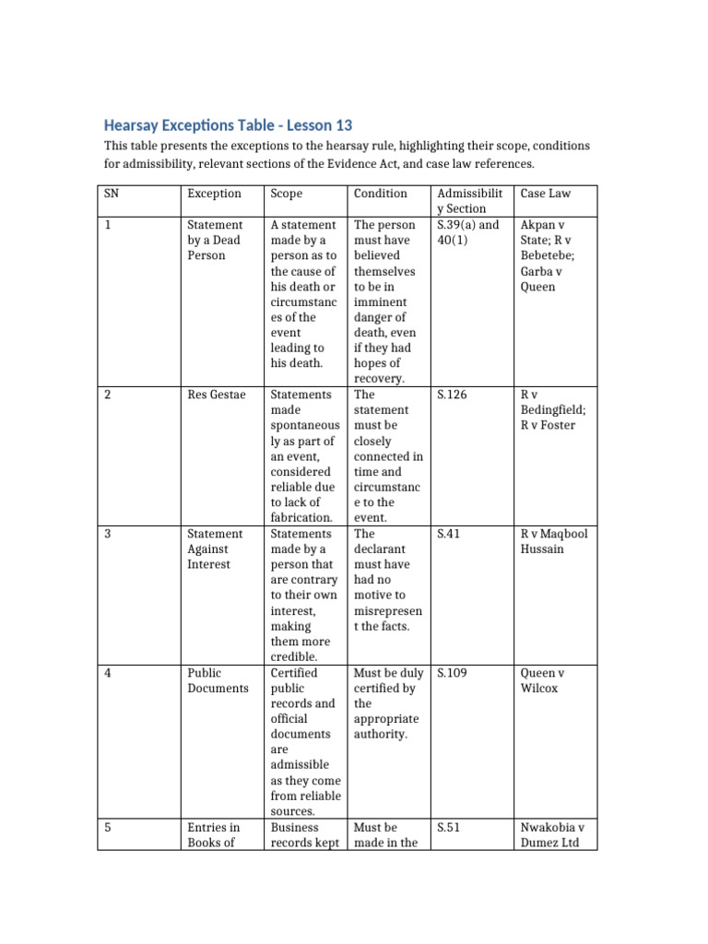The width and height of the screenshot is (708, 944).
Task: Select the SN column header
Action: coord(111,194)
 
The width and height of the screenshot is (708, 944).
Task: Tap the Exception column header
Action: coord(214,194)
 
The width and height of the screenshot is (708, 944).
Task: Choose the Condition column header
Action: coord(380,194)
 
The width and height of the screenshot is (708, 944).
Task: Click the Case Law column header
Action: coord(546,194)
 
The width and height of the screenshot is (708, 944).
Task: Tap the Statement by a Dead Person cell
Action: coord(215,240)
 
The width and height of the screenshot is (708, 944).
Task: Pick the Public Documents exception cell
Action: coord(218,680)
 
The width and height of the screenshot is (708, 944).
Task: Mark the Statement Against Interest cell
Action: coord(215,549)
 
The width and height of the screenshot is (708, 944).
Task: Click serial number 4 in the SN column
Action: coord(108,673)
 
